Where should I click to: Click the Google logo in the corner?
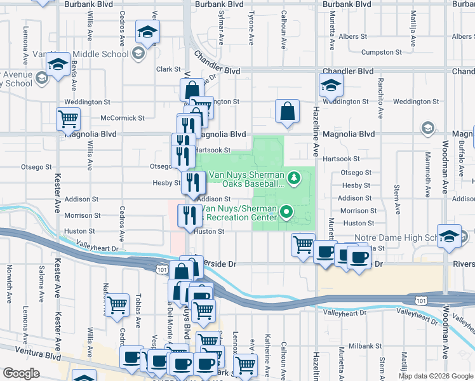click(x=21, y=373)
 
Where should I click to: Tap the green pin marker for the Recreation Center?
click(x=287, y=212)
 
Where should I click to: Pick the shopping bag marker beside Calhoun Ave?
click(x=288, y=111)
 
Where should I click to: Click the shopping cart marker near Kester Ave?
click(x=68, y=118)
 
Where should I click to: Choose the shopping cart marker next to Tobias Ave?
click(x=117, y=305)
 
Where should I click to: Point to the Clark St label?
click(x=169, y=69)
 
